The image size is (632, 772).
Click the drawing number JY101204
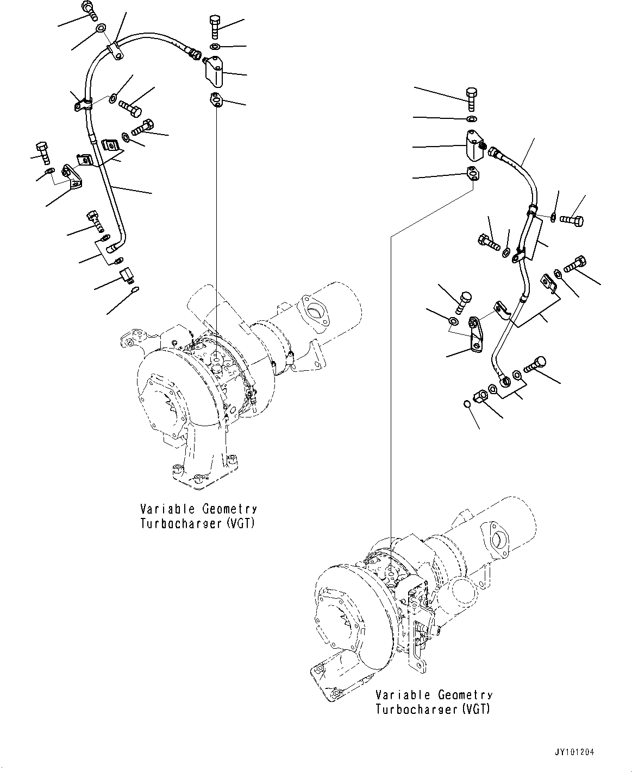pyautogui.click(x=574, y=753)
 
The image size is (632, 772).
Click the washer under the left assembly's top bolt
pyautogui.click(x=215, y=47)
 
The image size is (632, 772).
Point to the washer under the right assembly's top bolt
pyautogui.click(x=471, y=118)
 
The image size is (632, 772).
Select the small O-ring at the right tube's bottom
pyautogui.click(x=466, y=404)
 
